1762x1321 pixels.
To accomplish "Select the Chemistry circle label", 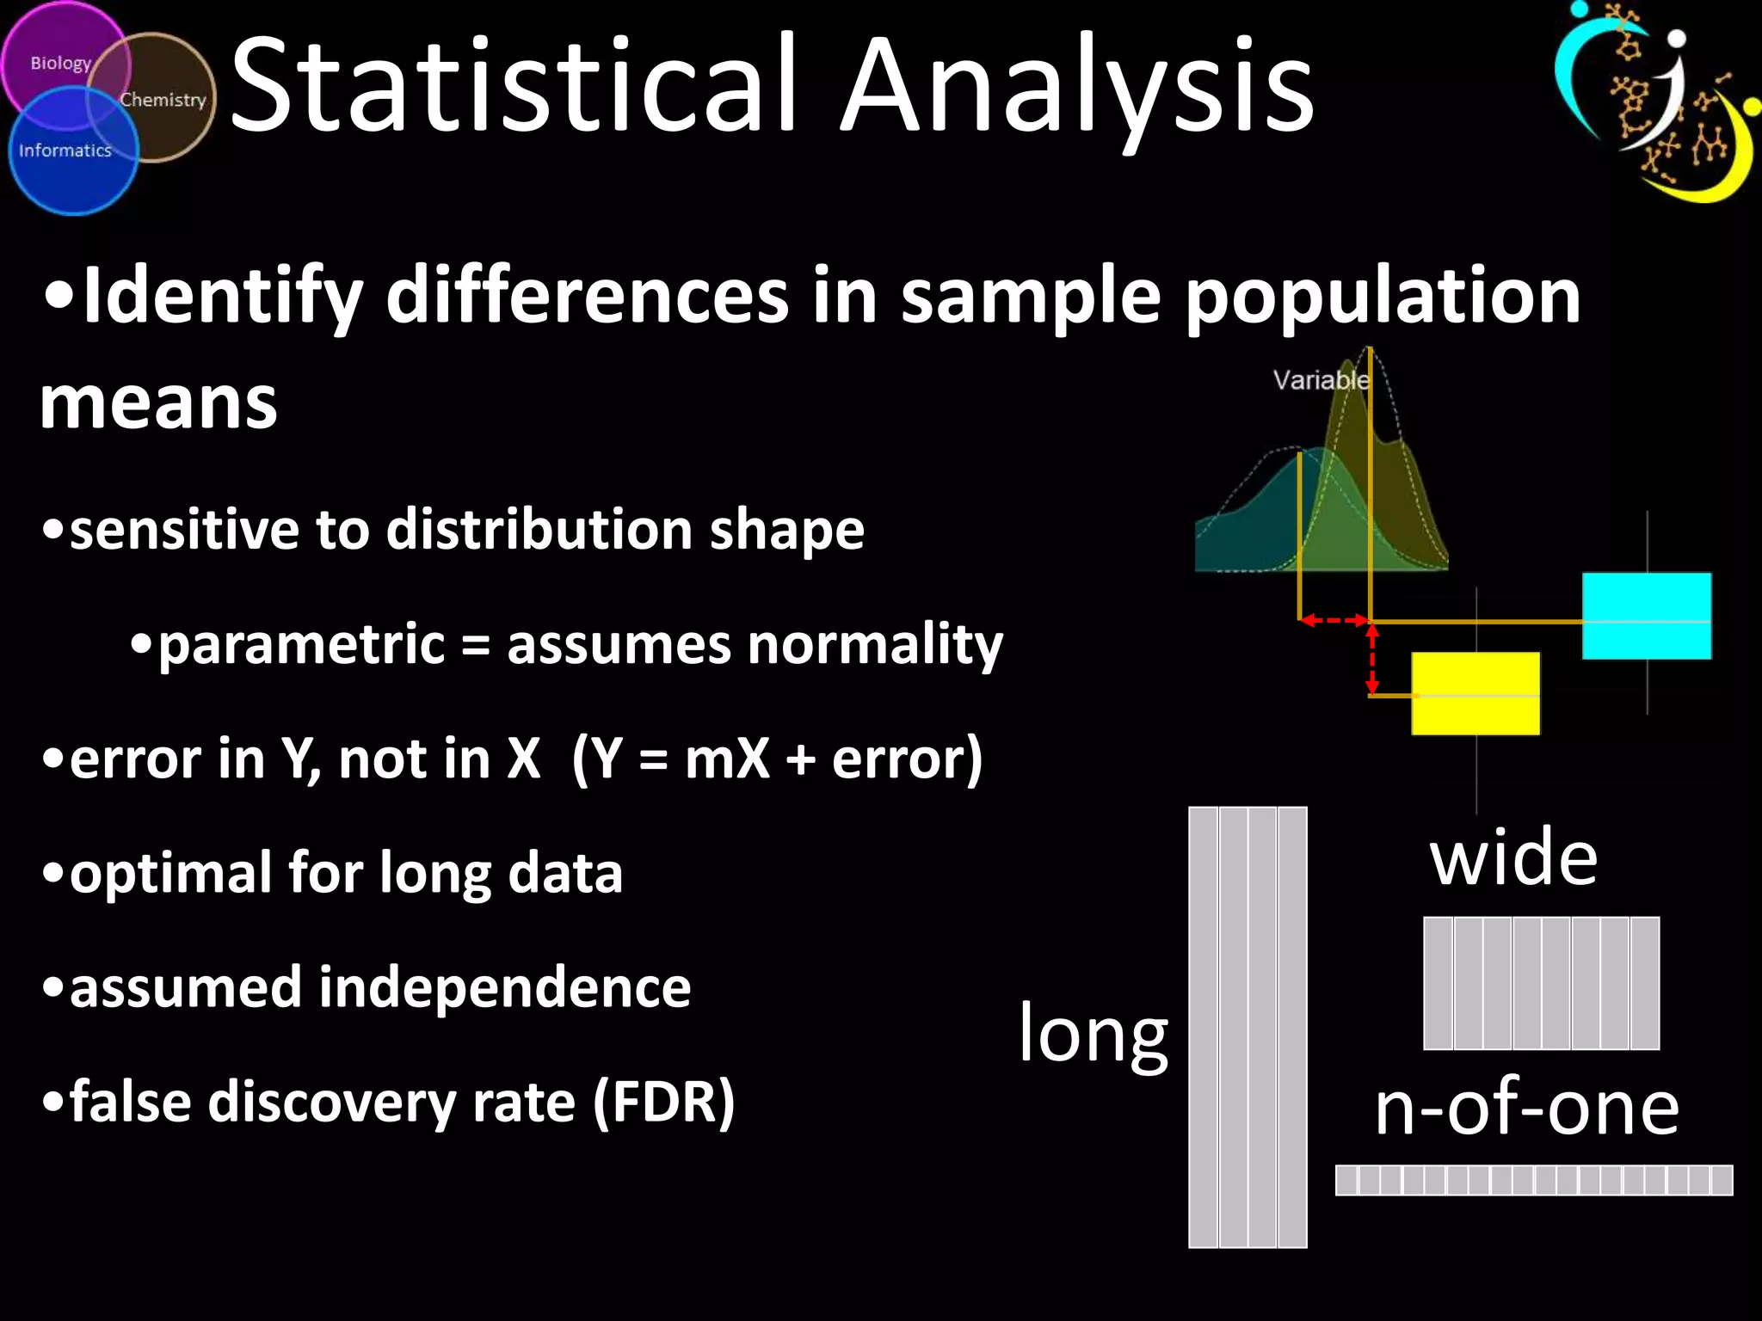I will (x=163, y=100).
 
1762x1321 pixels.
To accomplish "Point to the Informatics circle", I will (x=66, y=151).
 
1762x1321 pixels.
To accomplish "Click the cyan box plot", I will (x=1647, y=616).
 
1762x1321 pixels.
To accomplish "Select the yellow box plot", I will (x=1476, y=693).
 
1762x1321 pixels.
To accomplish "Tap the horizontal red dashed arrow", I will (x=1334, y=619).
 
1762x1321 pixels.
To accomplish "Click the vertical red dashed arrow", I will (x=1372, y=659).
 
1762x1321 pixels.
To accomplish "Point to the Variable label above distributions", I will (x=1321, y=379).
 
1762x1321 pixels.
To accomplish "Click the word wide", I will (x=1513, y=857).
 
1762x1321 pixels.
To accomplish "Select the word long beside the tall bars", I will (x=1094, y=1035).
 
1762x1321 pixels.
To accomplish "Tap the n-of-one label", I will (x=1526, y=1108).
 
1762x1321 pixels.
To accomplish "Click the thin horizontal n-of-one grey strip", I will (x=1533, y=1180).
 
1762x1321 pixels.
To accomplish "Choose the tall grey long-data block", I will (x=1248, y=1027).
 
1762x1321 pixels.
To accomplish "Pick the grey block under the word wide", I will (x=1541, y=983).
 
